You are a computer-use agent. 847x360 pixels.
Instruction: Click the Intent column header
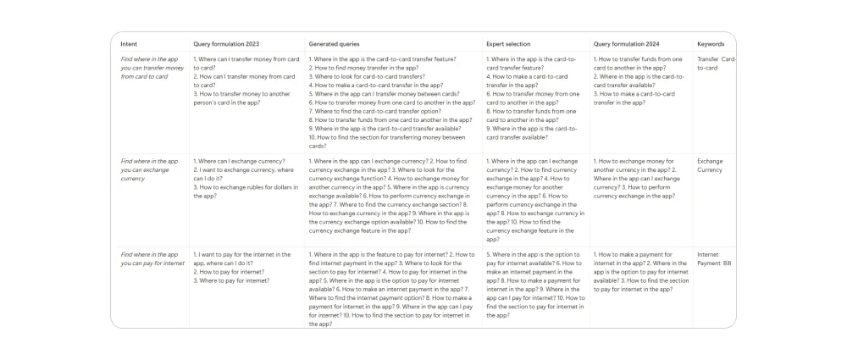tap(130, 43)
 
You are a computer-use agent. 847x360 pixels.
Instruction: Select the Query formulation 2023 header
tap(226, 43)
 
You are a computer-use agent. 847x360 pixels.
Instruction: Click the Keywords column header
tap(711, 43)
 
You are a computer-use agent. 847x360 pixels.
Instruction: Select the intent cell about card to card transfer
tap(150, 67)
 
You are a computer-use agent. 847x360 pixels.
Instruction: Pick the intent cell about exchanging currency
tap(150, 169)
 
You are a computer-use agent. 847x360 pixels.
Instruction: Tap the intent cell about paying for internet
tap(152, 258)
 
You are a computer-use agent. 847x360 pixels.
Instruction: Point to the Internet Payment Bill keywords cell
tap(714, 258)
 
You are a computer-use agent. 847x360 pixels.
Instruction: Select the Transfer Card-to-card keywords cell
tap(717, 63)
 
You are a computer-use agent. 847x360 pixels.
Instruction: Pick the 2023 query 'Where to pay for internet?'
tap(232, 280)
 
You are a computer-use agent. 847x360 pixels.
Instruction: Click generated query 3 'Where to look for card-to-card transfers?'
tap(367, 76)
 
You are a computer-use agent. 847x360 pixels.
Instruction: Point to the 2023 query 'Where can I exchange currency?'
tap(240, 160)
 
